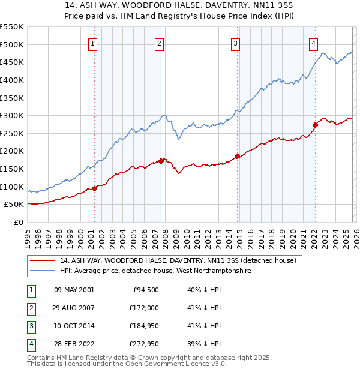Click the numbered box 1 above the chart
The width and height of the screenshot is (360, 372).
[94, 43]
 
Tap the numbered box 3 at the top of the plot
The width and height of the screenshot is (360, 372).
[236, 43]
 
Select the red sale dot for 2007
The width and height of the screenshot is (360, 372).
[161, 161]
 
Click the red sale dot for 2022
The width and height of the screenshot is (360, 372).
[314, 125]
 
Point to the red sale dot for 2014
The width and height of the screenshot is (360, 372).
[237, 156]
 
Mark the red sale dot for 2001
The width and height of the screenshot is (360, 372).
[94, 188]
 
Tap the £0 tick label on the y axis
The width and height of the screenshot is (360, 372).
[18, 222]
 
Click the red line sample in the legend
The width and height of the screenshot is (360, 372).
[43, 261]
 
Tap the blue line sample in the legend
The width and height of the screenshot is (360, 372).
[43, 271]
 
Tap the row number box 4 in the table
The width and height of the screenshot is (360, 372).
[31, 344]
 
